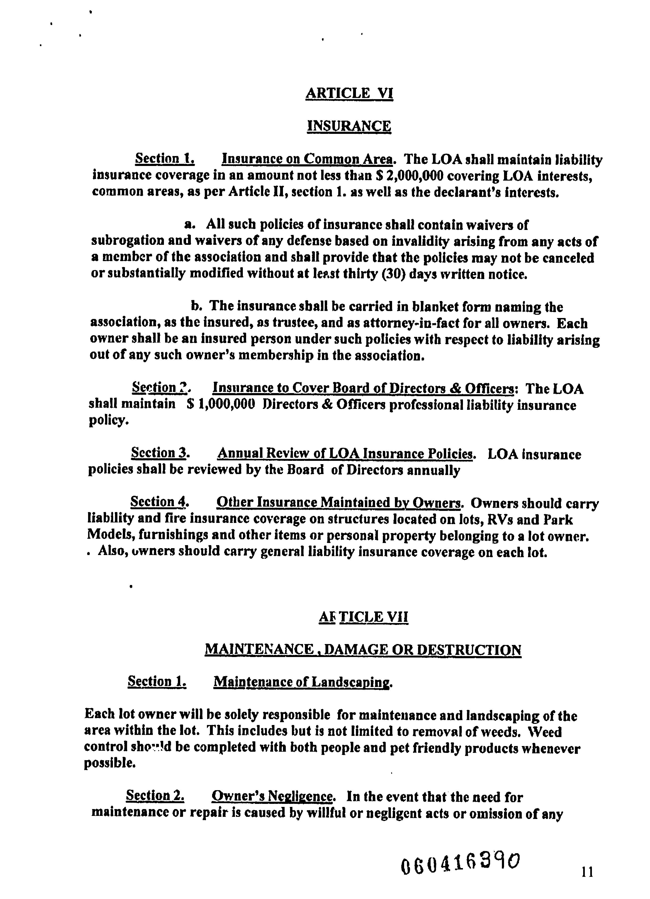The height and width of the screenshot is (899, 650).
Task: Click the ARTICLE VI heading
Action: [x=349, y=93]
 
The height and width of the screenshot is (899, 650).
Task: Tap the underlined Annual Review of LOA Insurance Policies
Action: [x=345, y=454]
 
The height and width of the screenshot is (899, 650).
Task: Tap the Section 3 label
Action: [x=159, y=453]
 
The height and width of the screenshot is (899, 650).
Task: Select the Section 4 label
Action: [x=159, y=502]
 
